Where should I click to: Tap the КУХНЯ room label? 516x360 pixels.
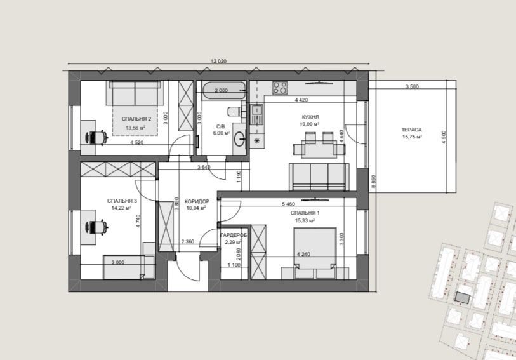point(310,117)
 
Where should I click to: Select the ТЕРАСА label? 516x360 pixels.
point(411,130)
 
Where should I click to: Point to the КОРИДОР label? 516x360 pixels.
point(197,201)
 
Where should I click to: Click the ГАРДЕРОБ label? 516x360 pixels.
point(234,236)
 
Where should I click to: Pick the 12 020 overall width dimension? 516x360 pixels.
point(218,61)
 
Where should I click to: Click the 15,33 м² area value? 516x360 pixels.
point(305,220)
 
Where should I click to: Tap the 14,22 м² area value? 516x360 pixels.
point(121,208)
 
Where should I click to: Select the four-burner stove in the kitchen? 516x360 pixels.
point(280,88)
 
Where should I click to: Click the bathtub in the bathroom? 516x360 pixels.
point(224,91)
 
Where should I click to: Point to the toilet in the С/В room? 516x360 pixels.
point(235,111)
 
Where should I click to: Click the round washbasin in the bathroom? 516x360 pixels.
point(240,138)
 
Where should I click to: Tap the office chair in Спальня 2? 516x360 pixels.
point(96,138)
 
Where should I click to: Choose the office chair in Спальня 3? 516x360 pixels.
point(96,227)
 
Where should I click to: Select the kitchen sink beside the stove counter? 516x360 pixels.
point(256,114)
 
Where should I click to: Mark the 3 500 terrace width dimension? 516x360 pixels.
point(412,87)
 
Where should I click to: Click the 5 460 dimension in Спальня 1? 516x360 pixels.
point(288,204)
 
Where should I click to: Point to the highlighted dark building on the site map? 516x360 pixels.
point(463,298)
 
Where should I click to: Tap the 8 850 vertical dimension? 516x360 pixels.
point(373,182)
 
